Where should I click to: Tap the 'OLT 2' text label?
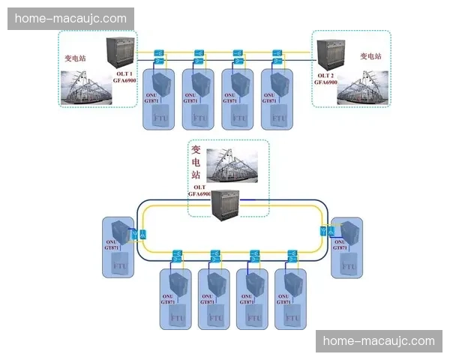325,74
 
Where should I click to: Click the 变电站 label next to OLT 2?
370,56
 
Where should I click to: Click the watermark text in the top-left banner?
71,18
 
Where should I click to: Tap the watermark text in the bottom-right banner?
379,341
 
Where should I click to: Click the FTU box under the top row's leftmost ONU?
161,118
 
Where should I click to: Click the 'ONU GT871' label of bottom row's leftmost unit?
166,299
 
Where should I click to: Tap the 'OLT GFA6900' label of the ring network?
200,190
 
